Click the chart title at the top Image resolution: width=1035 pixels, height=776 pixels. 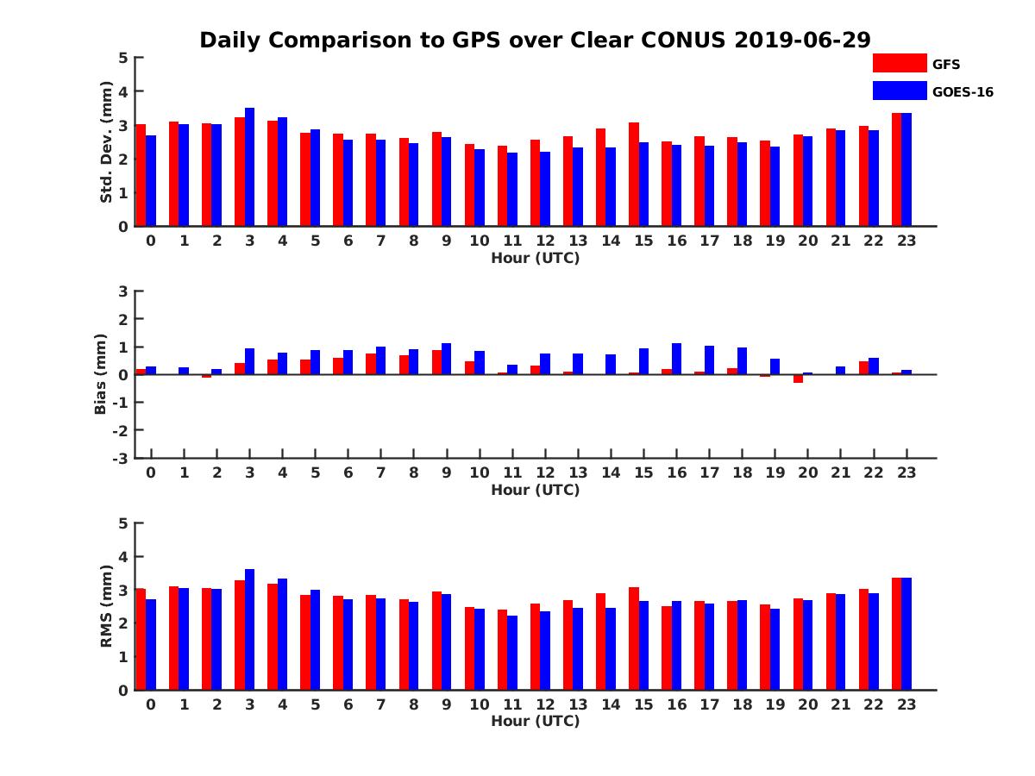[x=535, y=41]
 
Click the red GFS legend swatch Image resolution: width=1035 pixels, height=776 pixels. [x=900, y=63]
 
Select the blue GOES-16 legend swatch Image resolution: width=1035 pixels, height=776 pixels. [x=900, y=91]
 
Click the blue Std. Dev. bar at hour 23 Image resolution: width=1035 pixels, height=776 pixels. [x=906, y=170]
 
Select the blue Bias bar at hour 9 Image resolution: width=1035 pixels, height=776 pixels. [x=447, y=359]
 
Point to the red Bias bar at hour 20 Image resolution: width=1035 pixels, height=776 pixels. [x=798, y=379]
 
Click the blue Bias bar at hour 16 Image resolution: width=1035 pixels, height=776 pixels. [x=677, y=359]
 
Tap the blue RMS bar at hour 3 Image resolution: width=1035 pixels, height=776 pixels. [x=250, y=629]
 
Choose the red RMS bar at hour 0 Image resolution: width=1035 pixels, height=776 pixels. [x=141, y=639]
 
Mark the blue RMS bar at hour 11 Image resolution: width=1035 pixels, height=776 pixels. [x=512, y=653]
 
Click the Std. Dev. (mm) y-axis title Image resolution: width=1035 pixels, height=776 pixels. [x=107, y=142]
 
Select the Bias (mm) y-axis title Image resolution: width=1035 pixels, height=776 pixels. [x=101, y=374]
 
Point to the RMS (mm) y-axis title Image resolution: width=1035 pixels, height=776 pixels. [x=107, y=606]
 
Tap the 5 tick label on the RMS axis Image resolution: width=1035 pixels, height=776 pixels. [x=122, y=523]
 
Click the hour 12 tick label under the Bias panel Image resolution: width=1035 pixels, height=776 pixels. [x=545, y=472]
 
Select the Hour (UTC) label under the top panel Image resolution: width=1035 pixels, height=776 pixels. [x=535, y=258]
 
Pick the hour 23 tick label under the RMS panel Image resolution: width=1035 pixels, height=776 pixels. [x=906, y=704]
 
